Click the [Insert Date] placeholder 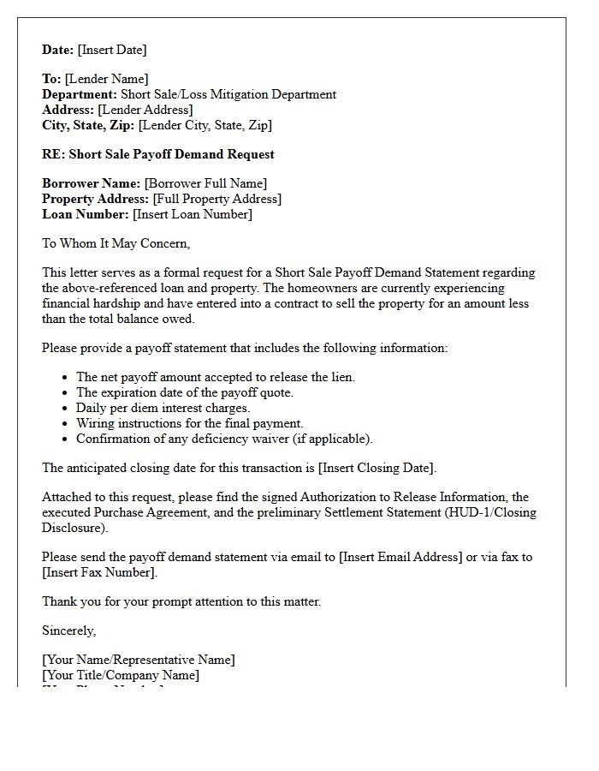pos(112,50)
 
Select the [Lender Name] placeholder pos(107,79)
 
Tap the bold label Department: pos(80,94)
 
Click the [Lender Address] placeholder pos(145,110)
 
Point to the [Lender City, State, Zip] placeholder pos(205,125)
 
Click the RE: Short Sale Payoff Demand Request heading pos(158,154)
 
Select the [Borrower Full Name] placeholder pos(205,183)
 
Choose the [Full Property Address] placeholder pos(217,199)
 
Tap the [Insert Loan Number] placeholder pos(193,214)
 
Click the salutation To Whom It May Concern pos(116,243)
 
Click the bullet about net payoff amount pos(216,377)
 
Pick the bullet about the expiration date pos(185,392)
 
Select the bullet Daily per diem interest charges pos(163,408)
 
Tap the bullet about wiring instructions pos(190,423)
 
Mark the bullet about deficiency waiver pos(224,439)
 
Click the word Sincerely pos(69,631)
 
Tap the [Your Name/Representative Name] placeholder pos(139,660)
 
